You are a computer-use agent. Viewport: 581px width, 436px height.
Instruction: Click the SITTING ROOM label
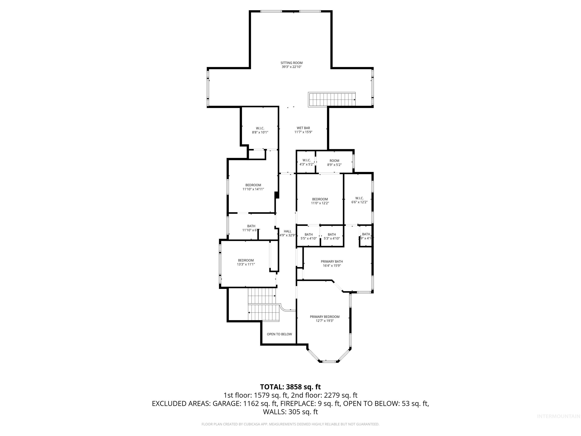pos(292,63)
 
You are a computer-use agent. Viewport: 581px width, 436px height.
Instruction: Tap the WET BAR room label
pos(303,128)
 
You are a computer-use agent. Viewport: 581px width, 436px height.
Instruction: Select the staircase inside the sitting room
pos(332,100)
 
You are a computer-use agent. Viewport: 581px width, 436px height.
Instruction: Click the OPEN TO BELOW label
pos(279,334)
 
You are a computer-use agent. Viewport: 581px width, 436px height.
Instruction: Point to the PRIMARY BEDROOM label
pos(325,317)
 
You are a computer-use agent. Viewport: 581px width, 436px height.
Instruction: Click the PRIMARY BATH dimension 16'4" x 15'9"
pos(332,266)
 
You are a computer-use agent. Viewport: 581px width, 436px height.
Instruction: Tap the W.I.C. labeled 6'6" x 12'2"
pos(359,200)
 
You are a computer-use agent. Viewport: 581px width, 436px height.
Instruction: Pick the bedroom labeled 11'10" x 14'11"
pos(253,187)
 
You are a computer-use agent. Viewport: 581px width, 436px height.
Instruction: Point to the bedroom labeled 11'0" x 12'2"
pos(320,201)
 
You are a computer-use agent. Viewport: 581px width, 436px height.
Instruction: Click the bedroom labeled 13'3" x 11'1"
pos(246,262)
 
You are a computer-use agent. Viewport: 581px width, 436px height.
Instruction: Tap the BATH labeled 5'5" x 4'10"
pos(309,236)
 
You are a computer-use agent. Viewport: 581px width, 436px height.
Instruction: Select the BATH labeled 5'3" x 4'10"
pos(332,236)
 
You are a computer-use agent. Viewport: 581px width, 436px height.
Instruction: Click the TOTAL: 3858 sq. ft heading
pos(290,387)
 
